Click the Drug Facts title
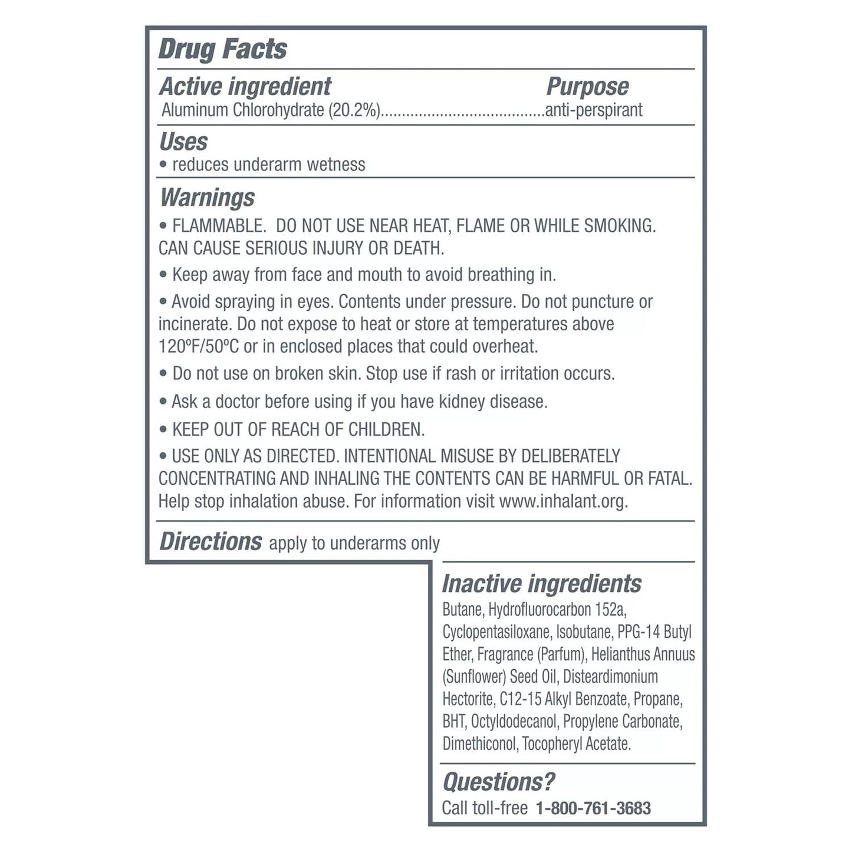point(223,49)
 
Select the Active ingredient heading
point(245,87)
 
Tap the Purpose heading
point(587,87)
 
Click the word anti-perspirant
point(594,110)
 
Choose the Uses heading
point(183,142)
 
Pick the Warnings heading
point(208,198)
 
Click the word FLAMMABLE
point(218,226)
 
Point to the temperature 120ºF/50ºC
point(199,346)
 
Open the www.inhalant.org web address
point(563,501)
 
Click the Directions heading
point(210,542)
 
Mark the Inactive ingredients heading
point(542,584)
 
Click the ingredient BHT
point(454,722)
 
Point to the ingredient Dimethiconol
point(480,744)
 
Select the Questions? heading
point(499,782)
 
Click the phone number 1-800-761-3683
point(593,808)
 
